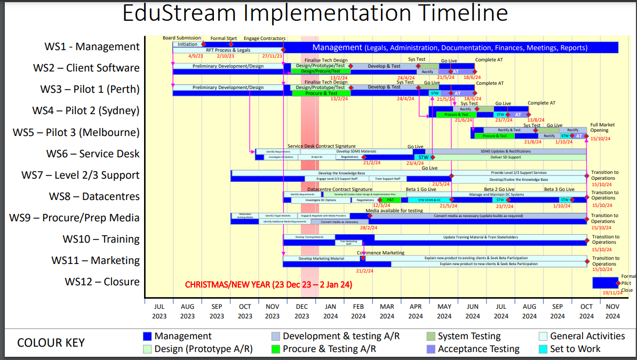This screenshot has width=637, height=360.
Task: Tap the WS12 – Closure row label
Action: click(x=102, y=282)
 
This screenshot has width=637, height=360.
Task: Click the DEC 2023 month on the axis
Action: click(x=301, y=311)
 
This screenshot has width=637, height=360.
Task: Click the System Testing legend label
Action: click(x=469, y=336)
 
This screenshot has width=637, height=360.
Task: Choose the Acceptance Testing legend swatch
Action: click(x=430, y=349)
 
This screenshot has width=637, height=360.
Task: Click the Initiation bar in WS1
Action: click(x=187, y=44)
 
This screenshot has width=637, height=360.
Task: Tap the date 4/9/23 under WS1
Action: click(x=195, y=56)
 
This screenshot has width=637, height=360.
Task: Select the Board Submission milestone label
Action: click(x=182, y=38)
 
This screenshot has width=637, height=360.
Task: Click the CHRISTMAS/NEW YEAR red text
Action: click(x=268, y=285)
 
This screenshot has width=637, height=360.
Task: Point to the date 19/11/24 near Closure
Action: click(x=612, y=293)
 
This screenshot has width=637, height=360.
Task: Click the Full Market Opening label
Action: click(x=602, y=127)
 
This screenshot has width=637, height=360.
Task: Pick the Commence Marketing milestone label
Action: click(x=380, y=253)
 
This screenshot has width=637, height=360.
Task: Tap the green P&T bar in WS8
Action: click(x=390, y=200)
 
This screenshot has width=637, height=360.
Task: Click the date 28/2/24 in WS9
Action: click(x=369, y=228)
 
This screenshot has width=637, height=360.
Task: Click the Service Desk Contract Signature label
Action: click(x=321, y=146)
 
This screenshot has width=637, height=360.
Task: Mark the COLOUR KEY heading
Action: click(x=51, y=342)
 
